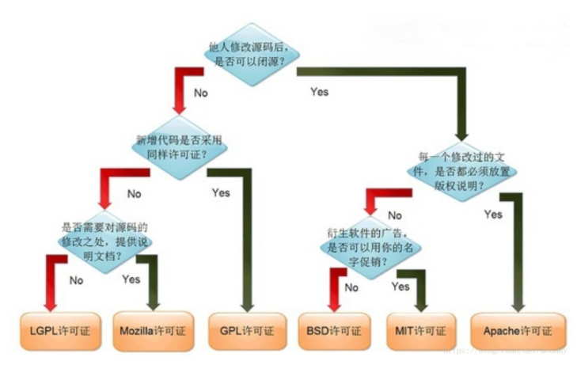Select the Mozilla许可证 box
tap(152, 329)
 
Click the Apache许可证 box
tap(518, 329)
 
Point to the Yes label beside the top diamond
tap(319, 92)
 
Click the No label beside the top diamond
tap(200, 92)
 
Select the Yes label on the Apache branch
tap(493, 215)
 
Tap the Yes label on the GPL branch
tap(221, 192)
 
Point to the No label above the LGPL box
tap(76, 279)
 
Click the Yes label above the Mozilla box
tap(131, 279)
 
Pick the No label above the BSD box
tap(351, 287)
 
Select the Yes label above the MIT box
tap(400, 286)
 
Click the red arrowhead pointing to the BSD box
tap(333, 304)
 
